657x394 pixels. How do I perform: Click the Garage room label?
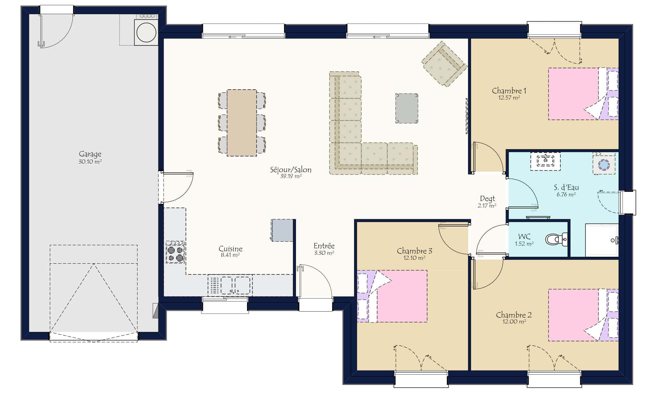click(90, 154)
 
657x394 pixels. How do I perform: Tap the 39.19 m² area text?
click(291, 176)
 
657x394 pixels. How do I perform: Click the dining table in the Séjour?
click(242, 122)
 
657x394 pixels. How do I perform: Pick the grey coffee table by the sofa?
click(407, 108)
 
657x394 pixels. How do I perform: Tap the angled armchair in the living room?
click(444, 64)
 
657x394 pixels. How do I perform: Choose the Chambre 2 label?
click(514, 315)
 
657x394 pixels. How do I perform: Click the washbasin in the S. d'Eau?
click(545, 161)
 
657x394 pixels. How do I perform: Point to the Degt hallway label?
click(487, 199)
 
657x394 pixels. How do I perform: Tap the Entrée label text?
click(324, 246)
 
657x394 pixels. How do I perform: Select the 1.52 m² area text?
click(524, 244)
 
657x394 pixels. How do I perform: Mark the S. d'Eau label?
click(566, 187)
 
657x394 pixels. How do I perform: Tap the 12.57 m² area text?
click(509, 98)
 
